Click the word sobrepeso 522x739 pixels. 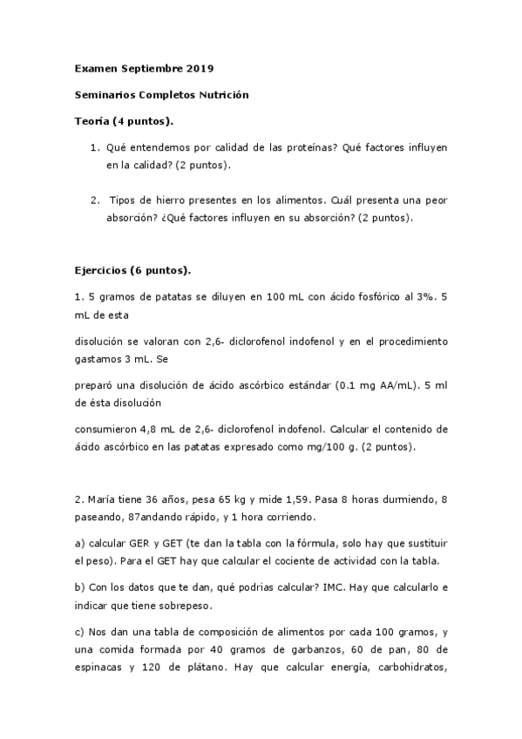(186, 604)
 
